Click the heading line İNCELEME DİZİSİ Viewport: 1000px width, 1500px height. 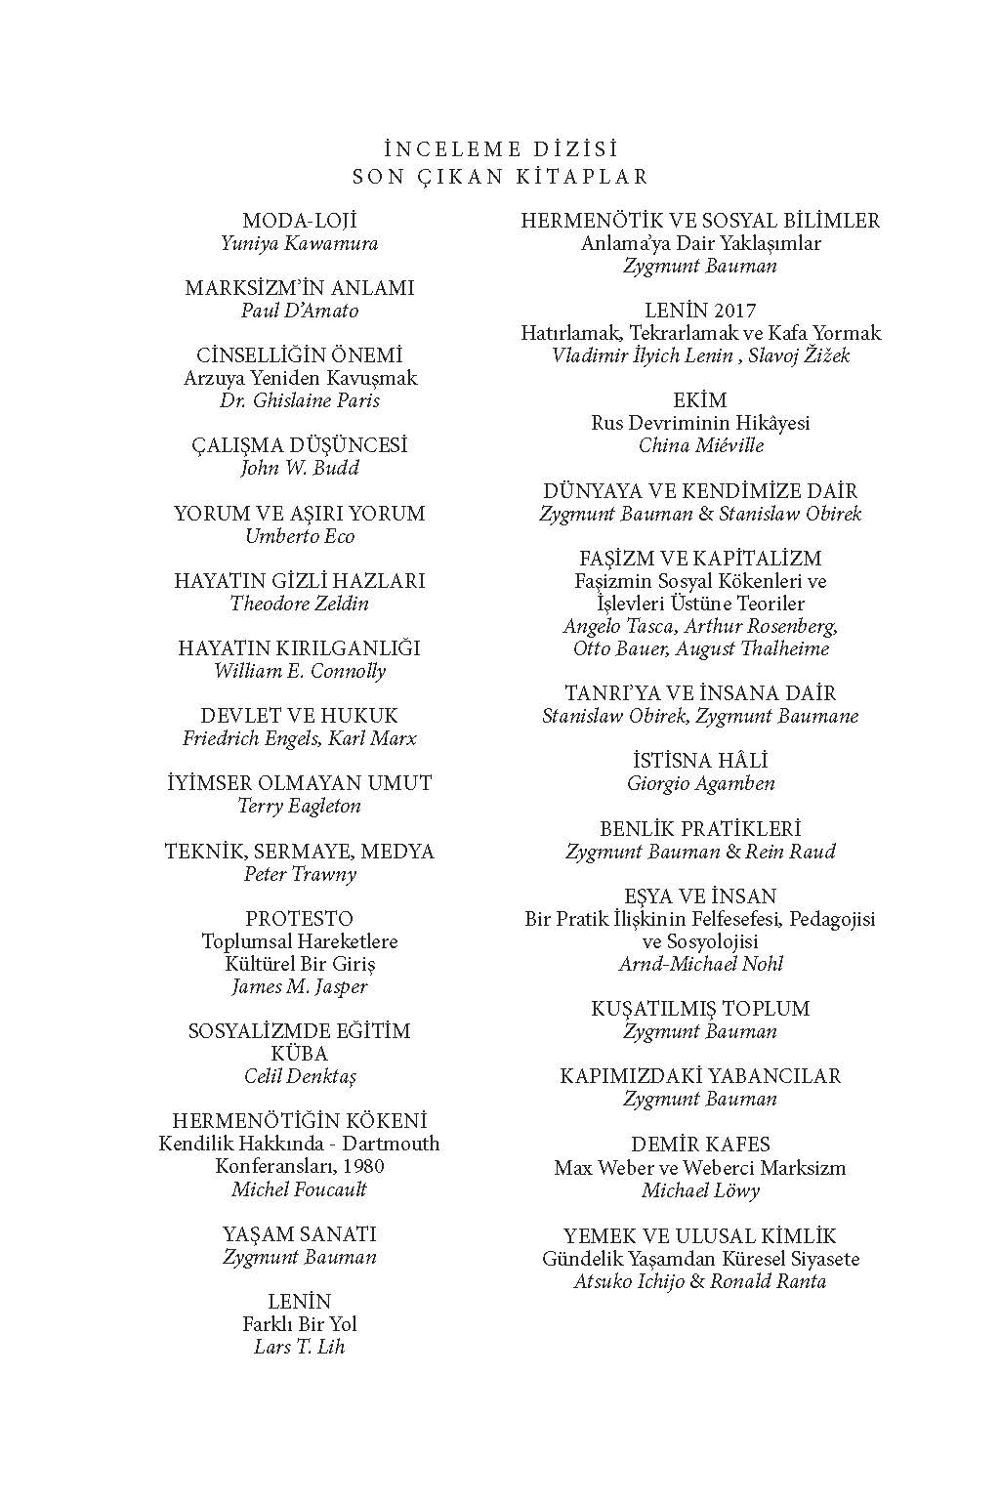pyautogui.click(x=501, y=149)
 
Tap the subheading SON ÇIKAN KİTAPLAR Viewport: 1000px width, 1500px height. pyautogui.click(x=501, y=177)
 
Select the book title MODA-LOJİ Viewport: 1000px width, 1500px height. pyautogui.click(x=300, y=221)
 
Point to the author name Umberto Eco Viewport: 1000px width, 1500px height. pyautogui.click(x=300, y=536)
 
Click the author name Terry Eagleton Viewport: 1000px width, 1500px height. pyautogui.click(x=300, y=806)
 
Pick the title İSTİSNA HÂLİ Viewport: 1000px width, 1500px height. pyautogui.click(x=700, y=761)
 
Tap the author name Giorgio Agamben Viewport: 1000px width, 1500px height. pyautogui.click(x=700, y=783)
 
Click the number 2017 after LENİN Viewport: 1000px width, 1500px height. pyautogui.click(x=734, y=311)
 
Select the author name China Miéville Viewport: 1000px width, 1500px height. pyautogui.click(x=700, y=445)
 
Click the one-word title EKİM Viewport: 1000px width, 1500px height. pyautogui.click(x=700, y=400)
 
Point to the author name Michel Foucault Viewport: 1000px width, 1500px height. pyautogui.click(x=300, y=1189)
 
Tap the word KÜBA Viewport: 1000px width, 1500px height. pyautogui.click(x=300, y=1054)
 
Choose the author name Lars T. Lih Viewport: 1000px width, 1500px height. pyautogui.click(x=300, y=1347)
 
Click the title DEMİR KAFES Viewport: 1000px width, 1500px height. pyautogui.click(x=700, y=1145)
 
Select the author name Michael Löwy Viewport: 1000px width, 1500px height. pyautogui.click(x=700, y=1190)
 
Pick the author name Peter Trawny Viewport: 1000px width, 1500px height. pyautogui.click(x=300, y=874)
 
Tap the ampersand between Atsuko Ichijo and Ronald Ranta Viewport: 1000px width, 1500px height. pyautogui.click(x=697, y=1281)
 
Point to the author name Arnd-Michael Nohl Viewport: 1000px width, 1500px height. pyautogui.click(x=700, y=964)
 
